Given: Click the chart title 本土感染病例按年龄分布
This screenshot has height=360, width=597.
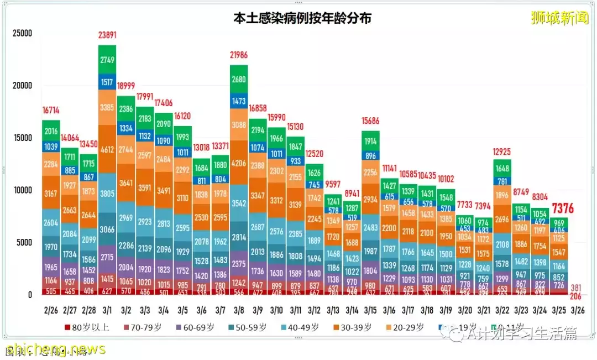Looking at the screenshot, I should pyautogui.click(x=302, y=18).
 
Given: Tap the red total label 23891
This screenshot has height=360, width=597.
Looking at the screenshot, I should pyautogui.click(x=107, y=35).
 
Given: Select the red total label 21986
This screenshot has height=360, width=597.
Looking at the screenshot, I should pyautogui.click(x=239, y=55).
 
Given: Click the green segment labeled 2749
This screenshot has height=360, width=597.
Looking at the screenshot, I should pyautogui.click(x=107, y=59).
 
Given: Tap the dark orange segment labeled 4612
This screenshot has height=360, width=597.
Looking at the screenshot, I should pyautogui.click(x=107, y=149).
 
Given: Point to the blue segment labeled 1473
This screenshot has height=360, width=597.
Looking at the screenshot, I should pyautogui.click(x=239, y=101).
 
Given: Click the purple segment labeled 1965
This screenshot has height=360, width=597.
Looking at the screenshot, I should pyautogui.click(x=51, y=267).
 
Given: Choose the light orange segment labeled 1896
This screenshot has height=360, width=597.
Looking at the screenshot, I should pyautogui.click(x=502, y=195).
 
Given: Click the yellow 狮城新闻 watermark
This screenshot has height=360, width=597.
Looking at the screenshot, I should pyautogui.click(x=559, y=18).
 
